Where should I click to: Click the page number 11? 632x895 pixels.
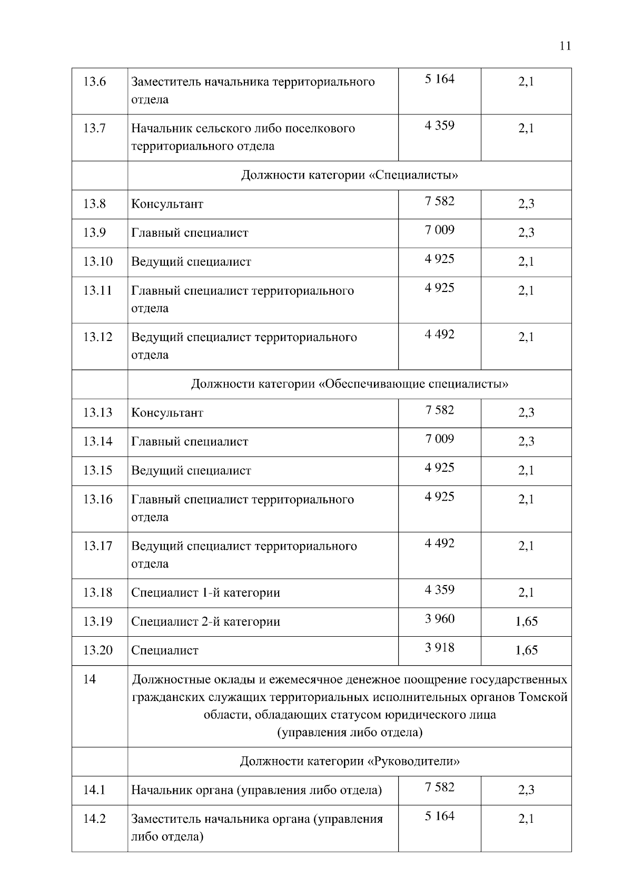click(x=565, y=46)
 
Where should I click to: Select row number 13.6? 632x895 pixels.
click(x=95, y=82)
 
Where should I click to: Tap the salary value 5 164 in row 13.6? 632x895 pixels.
click(x=439, y=79)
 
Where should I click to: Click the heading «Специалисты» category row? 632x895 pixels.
click(x=349, y=175)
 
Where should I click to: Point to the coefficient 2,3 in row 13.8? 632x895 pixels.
click(x=526, y=204)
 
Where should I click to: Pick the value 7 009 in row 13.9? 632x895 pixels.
click(x=439, y=230)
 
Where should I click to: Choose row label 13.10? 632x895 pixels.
click(x=98, y=261)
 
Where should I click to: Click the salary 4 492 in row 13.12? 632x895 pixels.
click(x=439, y=334)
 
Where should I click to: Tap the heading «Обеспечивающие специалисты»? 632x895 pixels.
click(x=349, y=384)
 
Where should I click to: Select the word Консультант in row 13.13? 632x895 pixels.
click(x=167, y=413)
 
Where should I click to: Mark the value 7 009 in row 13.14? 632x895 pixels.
click(x=439, y=439)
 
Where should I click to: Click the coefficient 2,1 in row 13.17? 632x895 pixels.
click(x=526, y=546)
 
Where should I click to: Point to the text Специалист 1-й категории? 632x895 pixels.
click(x=205, y=592)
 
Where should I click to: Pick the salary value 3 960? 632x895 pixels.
click(x=439, y=618)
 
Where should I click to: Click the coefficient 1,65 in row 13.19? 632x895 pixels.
click(x=526, y=621)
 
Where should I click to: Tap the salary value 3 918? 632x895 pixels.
click(x=439, y=647)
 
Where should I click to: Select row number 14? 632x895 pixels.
click(x=90, y=679)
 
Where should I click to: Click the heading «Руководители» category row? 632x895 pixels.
click(x=349, y=761)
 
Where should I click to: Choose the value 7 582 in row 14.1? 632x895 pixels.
click(x=439, y=787)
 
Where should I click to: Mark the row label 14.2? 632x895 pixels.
click(x=95, y=819)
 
